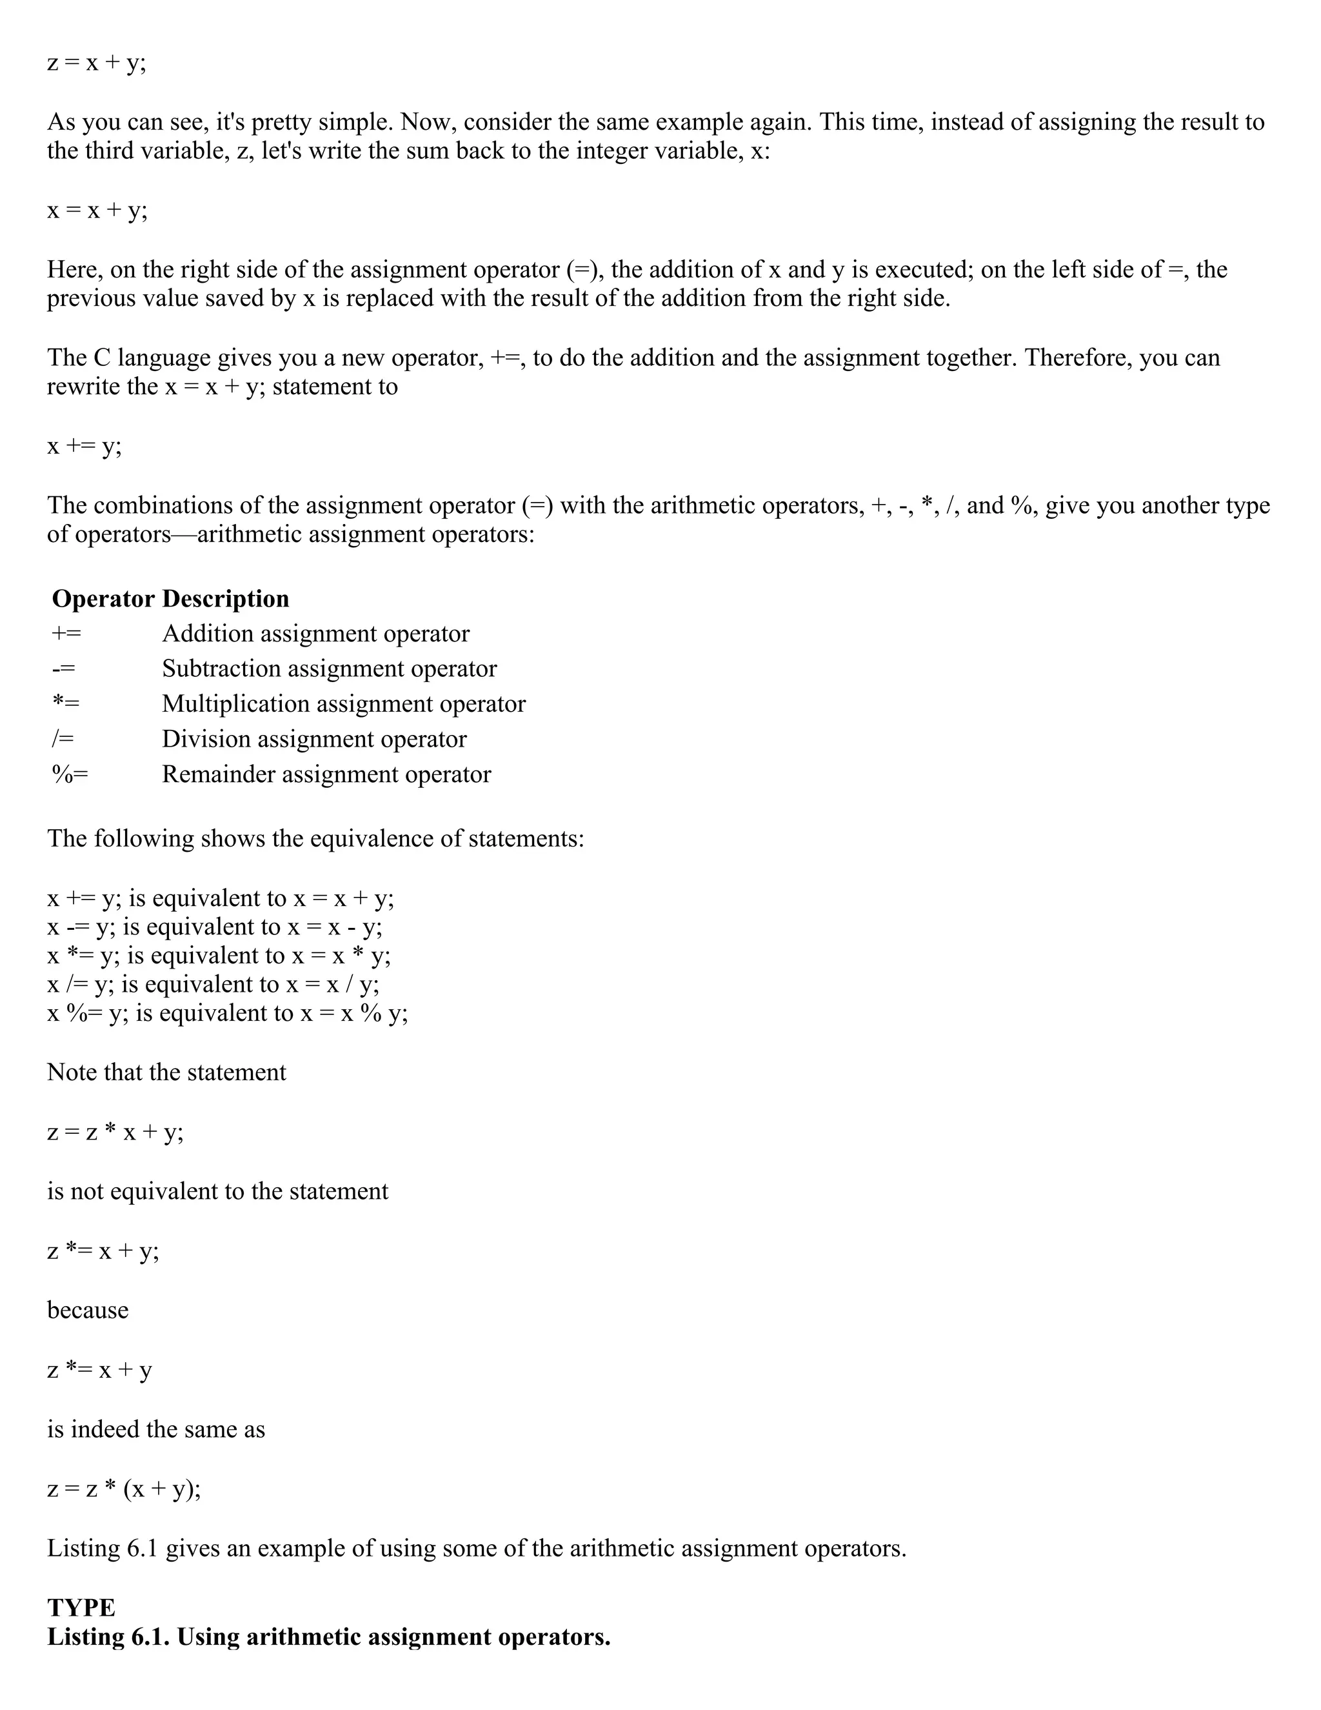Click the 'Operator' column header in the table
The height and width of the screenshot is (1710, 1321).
pyautogui.click(x=103, y=599)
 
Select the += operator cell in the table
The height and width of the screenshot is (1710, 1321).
pyautogui.click(x=66, y=634)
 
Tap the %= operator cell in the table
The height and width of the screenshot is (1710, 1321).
pyautogui.click(x=70, y=774)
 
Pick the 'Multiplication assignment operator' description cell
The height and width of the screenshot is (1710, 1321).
pyautogui.click(x=344, y=704)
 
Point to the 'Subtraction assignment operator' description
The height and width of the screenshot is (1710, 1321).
pyautogui.click(x=329, y=669)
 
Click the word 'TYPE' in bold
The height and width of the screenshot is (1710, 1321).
pyautogui.click(x=81, y=1607)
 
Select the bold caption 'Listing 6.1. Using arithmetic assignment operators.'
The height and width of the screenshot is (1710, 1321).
pyautogui.click(x=329, y=1637)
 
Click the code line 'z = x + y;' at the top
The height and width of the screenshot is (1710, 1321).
pyautogui.click(x=97, y=63)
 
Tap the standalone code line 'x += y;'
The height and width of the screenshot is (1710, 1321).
pyautogui.click(x=84, y=447)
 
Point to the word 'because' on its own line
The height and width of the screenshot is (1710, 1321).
pyautogui.click(x=88, y=1310)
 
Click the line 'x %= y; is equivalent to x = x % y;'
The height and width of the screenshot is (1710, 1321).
pyautogui.click(x=227, y=1013)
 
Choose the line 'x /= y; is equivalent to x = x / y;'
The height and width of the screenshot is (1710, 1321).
pyautogui.click(x=213, y=984)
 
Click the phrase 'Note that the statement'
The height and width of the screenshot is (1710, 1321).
pyautogui.click(x=166, y=1072)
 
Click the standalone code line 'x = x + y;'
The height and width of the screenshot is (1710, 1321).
pyautogui.click(x=97, y=210)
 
